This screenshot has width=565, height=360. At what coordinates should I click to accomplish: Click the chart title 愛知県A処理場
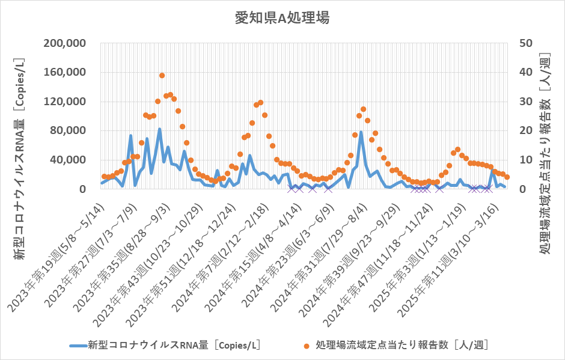point(282,17)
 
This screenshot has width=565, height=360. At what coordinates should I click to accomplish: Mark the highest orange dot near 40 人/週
point(162,76)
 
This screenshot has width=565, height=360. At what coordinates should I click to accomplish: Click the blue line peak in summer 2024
point(361,132)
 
